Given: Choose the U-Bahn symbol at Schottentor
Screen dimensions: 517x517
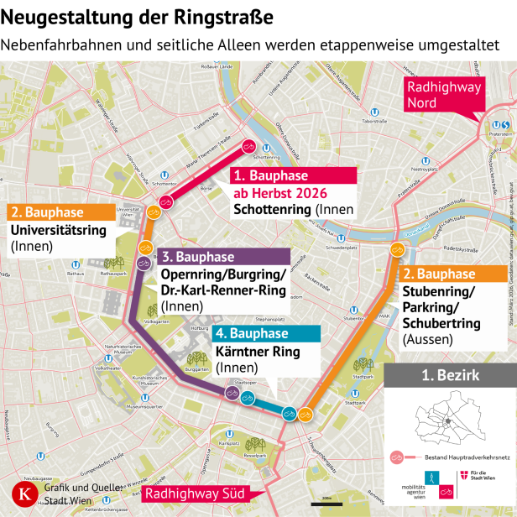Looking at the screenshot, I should pyautogui.click(x=170, y=179).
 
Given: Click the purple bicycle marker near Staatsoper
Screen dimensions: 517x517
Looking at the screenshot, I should pyautogui.click(x=232, y=393).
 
